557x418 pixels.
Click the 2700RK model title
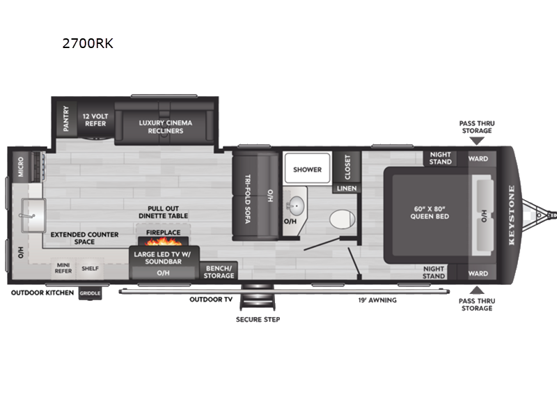point(88,43)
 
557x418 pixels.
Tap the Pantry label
point(66,118)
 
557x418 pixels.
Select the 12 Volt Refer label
point(95,120)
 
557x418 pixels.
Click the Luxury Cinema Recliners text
point(166,127)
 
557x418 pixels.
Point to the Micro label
point(21,167)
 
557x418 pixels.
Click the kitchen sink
point(33,215)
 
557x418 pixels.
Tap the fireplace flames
point(163,242)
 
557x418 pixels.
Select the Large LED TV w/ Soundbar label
point(163,258)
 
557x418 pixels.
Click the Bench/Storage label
point(219,272)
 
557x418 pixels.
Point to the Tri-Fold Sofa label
point(248,199)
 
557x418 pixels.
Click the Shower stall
point(308,168)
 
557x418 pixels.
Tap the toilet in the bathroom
point(342,219)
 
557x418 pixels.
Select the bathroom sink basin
point(296,206)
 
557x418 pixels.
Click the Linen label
point(347,188)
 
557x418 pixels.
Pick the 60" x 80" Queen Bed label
point(430,212)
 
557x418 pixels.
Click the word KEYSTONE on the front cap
point(512,215)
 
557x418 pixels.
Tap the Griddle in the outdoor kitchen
point(90,293)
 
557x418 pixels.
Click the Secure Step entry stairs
point(258,297)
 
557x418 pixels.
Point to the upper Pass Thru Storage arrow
point(477,141)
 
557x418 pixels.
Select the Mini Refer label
point(63,268)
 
